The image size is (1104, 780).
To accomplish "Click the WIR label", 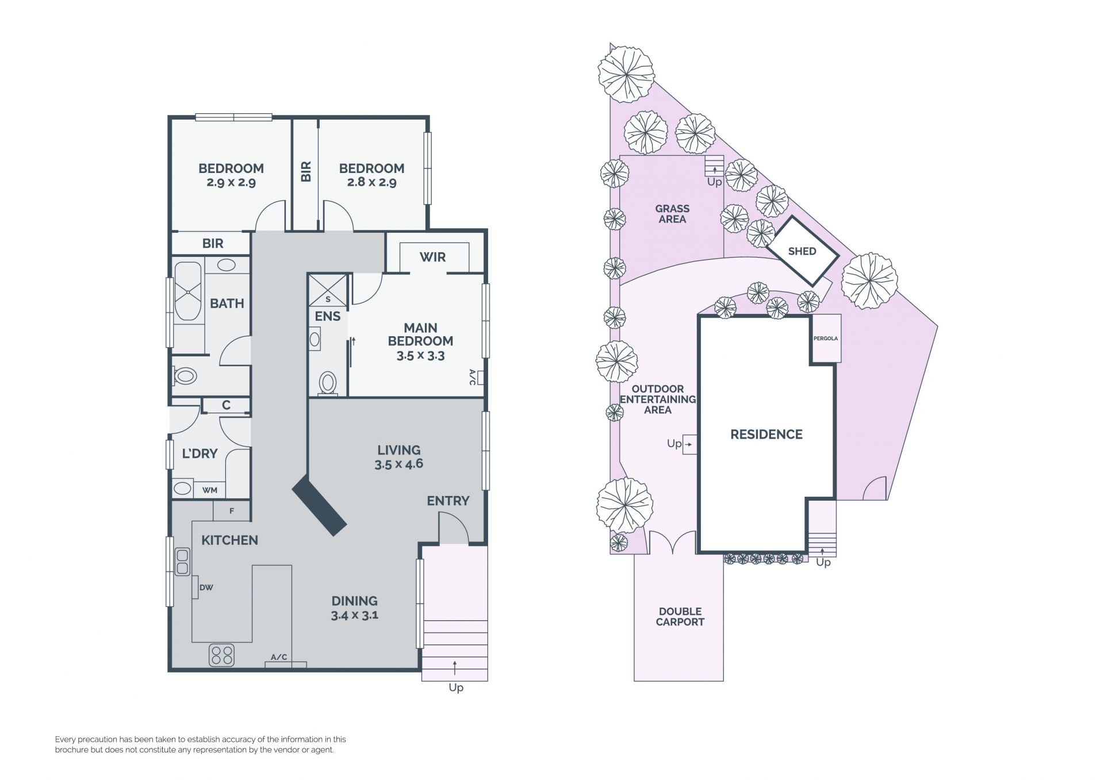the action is coord(432,257).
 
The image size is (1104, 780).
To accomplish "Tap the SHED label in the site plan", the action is coord(802,251).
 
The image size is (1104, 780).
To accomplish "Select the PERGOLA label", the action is coord(826,339).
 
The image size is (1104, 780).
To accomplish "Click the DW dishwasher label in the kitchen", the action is coord(206,587).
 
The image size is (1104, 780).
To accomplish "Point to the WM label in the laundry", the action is coord(210,490).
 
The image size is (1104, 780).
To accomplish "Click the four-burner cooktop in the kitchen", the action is coord(222,655).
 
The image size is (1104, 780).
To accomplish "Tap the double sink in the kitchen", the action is coord(182,562).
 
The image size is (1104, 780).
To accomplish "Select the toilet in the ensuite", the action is coord(328,383).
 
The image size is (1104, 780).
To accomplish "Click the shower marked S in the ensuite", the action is coord(328,290).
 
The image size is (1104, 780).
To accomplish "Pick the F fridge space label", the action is coord(232,511).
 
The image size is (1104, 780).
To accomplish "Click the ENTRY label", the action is coord(448,501).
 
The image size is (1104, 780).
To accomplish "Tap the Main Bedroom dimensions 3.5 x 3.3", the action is coord(420,356).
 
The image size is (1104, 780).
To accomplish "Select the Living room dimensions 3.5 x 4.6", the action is coord(398,464).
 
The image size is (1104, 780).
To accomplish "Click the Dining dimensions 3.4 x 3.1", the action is coord(354,615).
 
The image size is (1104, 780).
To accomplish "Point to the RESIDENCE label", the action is coord(766,435).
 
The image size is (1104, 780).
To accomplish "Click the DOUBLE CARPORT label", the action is coord(680,617).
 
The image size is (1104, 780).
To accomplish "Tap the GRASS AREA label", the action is coord(672,214).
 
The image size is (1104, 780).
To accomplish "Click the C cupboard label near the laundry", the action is coord(226,405).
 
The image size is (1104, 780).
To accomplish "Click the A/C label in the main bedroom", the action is coord(473,377).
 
